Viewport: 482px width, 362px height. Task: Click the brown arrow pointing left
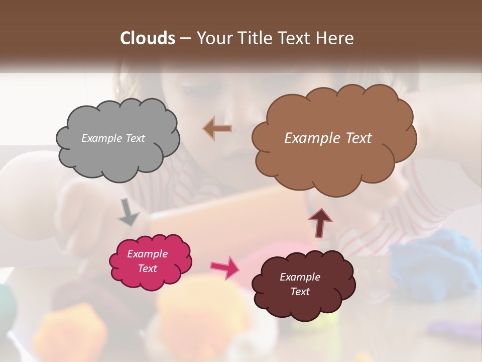[x=217, y=128]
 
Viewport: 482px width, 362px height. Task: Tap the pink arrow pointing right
[x=224, y=267]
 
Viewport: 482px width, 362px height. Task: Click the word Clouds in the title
[x=148, y=38]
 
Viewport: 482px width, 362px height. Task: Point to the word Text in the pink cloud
[x=148, y=268]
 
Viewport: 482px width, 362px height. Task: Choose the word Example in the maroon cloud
[x=300, y=277]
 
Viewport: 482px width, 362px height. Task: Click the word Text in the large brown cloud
[x=355, y=138]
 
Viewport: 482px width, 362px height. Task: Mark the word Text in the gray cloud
[x=135, y=138]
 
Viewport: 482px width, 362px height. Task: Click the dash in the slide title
[x=185, y=39]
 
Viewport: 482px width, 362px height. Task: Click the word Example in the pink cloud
[x=148, y=254]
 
